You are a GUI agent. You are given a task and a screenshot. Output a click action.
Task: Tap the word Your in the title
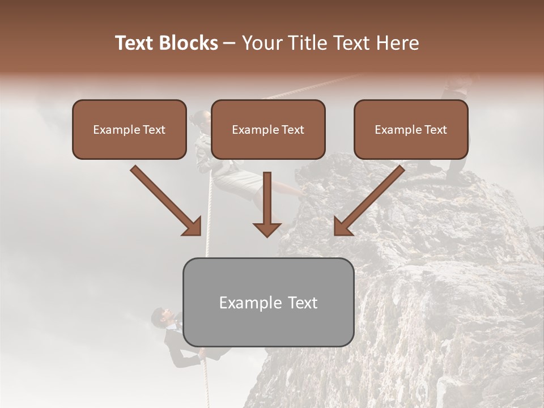(262, 43)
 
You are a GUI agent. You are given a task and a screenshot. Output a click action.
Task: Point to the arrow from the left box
(167, 201)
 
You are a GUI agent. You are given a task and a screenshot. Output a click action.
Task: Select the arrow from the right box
(368, 201)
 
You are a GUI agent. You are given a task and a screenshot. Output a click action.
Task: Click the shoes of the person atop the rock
(456, 180)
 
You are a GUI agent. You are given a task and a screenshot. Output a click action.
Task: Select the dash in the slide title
(229, 44)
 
